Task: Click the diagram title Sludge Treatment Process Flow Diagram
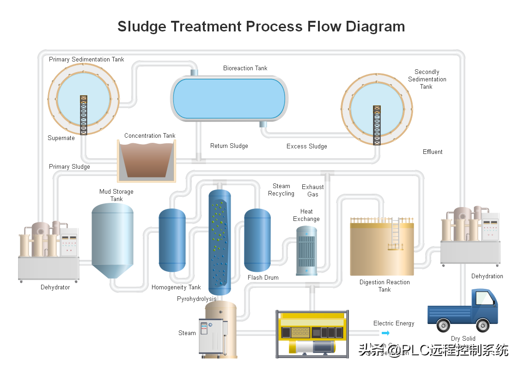click(x=261, y=26)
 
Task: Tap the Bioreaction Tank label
click(x=245, y=68)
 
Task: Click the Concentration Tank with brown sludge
click(x=146, y=161)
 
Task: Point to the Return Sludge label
click(x=229, y=146)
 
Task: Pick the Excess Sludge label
click(x=306, y=147)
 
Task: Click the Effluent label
click(x=433, y=152)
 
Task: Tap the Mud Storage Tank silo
click(x=112, y=240)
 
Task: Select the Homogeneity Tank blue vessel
click(x=172, y=240)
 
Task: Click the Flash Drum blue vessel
click(x=257, y=240)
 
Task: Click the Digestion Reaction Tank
click(x=381, y=247)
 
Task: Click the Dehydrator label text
click(x=55, y=287)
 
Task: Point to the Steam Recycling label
click(x=281, y=190)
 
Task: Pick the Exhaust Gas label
click(x=313, y=190)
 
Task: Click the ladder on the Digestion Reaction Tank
click(x=395, y=233)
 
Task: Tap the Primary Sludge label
click(x=69, y=167)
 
